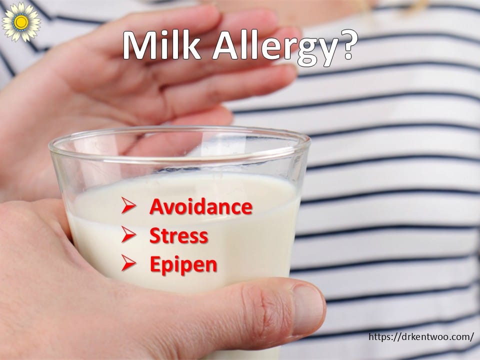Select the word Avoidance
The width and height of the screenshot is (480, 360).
pyautogui.click(x=201, y=206)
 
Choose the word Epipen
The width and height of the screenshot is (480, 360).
pyautogui.click(x=183, y=265)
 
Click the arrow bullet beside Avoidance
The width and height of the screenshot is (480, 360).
pyautogui.click(x=128, y=205)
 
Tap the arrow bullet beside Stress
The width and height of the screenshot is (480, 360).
pyautogui.click(x=128, y=234)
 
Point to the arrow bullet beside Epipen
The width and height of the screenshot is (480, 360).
pyautogui.click(x=128, y=263)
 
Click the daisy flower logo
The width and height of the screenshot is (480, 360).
pyautogui.click(x=21, y=21)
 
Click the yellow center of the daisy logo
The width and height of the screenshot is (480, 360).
pyautogui.click(x=21, y=21)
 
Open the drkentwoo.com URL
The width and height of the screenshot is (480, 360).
pyautogui.click(x=421, y=336)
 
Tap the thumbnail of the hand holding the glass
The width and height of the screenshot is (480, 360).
pyautogui.click(x=307, y=308)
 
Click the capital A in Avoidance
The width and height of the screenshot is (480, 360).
pyautogui.click(x=156, y=206)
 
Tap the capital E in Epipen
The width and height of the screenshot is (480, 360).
pyautogui.click(x=155, y=264)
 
